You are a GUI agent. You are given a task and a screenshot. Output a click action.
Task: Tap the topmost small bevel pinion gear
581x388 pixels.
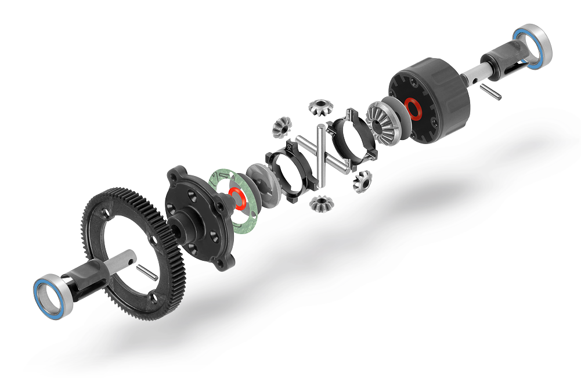[x=319, y=106]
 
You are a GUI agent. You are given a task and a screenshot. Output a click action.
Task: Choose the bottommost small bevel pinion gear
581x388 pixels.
[x=319, y=203]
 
